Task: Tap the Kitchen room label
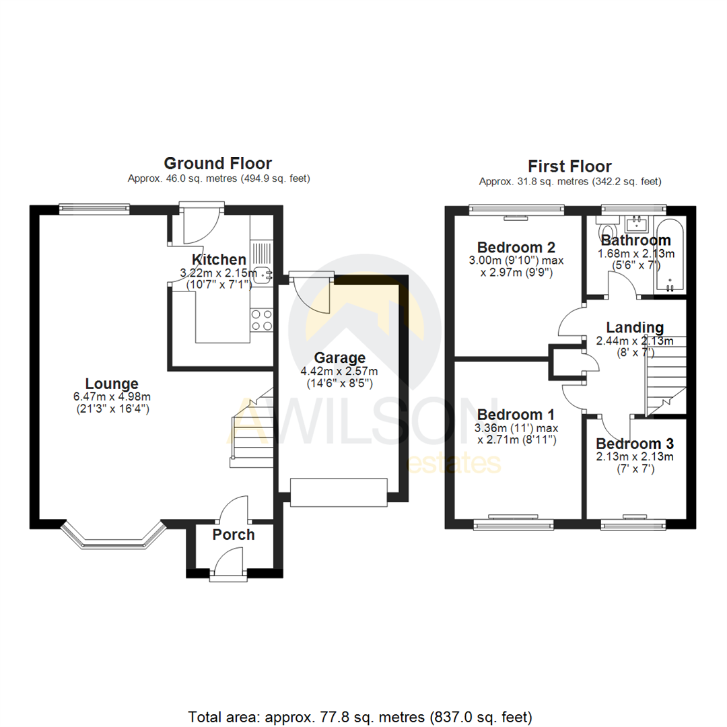point(219,260)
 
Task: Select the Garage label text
point(339,357)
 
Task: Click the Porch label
point(234,534)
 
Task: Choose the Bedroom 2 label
point(515,246)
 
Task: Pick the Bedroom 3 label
point(635,444)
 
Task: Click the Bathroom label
point(635,240)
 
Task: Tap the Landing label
point(634,328)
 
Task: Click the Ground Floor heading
point(218,163)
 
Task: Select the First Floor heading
point(569,166)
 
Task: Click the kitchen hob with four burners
point(261,320)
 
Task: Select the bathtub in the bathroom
point(670,256)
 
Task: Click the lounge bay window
point(113,536)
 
